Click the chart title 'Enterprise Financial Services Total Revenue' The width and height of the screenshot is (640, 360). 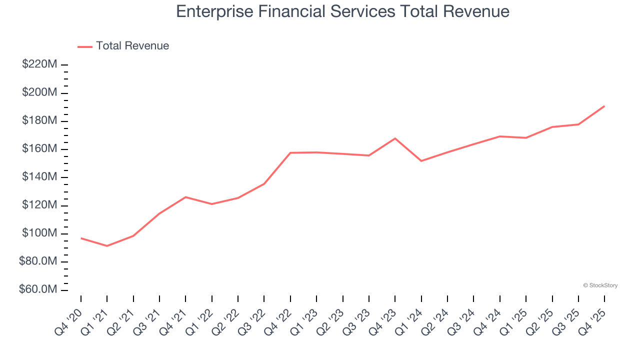pos(342,11)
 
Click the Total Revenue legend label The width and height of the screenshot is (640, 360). pos(132,46)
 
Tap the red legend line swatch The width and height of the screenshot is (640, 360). pos(85,46)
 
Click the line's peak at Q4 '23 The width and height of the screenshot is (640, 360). pos(395,138)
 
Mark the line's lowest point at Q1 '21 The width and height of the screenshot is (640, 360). pos(107,246)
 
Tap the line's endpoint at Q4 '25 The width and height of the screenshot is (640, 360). pos(604,106)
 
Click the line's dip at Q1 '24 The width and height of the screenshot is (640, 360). pos(421,161)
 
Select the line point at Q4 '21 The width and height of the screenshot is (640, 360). pos(185,197)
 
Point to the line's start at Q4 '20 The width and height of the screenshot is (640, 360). pos(81,238)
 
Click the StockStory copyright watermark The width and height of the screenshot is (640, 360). pos(600,285)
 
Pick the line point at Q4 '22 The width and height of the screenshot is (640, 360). pos(290,152)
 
